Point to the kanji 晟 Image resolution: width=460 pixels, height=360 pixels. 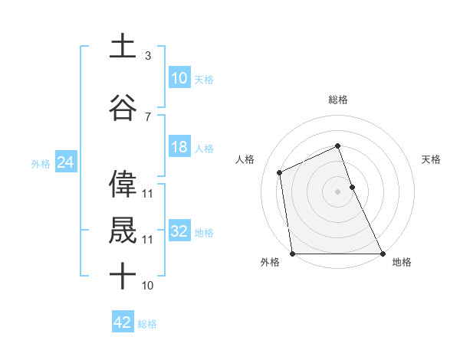(x=123, y=229)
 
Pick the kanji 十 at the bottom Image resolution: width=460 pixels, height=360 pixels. (x=123, y=275)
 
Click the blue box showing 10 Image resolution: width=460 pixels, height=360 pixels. (x=179, y=78)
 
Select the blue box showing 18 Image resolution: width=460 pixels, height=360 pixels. (x=179, y=147)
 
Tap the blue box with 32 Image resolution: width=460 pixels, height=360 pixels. (x=179, y=231)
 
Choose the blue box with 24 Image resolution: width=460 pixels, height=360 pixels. (x=65, y=162)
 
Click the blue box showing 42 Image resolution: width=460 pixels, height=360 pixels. (x=123, y=322)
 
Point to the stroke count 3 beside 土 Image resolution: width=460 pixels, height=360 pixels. (x=148, y=56)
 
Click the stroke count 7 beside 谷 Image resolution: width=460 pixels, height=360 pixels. (x=148, y=116)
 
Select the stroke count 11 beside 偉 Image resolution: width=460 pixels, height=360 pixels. (x=148, y=193)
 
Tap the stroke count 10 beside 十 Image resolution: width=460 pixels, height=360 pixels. (x=148, y=285)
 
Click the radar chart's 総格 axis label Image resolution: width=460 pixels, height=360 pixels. (x=337, y=100)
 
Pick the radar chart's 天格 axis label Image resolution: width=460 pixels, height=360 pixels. (x=432, y=159)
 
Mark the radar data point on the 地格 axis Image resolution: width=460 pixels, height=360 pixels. (x=382, y=254)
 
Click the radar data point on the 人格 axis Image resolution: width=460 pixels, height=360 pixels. (x=280, y=172)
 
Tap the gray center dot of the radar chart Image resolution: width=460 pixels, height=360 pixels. (x=337, y=191)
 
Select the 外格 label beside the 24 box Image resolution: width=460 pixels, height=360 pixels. (x=40, y=163)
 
